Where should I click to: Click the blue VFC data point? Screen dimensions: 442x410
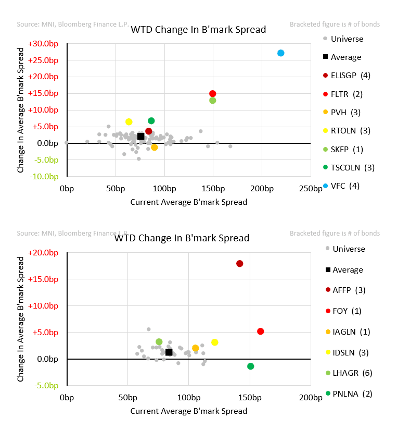(281, 53)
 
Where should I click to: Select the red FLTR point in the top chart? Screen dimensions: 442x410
(213, 94)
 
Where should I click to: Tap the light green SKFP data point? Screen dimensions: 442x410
(213, 101)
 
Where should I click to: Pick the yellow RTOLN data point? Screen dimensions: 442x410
(129, 122)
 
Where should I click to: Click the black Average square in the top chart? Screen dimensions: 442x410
(140, 137)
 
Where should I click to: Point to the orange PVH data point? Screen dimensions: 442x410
(155, 148)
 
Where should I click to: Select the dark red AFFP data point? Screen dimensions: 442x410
(240, 264)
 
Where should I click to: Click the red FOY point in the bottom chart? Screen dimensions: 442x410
(261, 331)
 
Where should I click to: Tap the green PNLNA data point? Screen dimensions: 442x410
(251, 366)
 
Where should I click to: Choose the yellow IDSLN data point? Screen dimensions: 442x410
(215, 342)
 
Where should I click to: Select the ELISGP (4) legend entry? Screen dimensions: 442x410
(350, 76)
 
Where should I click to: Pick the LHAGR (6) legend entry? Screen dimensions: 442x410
(352, 373)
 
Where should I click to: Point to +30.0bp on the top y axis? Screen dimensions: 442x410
(44, 44)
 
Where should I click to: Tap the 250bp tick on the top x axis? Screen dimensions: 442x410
(312, 189)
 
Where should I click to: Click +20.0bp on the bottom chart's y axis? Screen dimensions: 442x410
(44, 253)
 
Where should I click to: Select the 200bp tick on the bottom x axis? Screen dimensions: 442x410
(312, 398)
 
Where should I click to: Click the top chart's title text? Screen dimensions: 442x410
(198, 29)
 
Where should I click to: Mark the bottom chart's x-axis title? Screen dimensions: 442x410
(189, 411)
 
